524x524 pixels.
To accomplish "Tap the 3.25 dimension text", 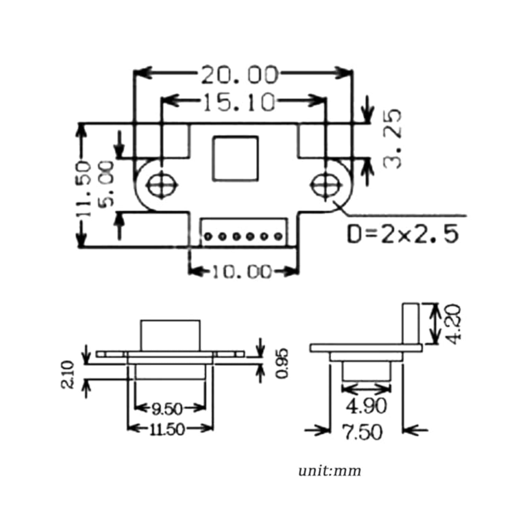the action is pos(392,139).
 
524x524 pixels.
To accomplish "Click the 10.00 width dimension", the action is pos(242,271).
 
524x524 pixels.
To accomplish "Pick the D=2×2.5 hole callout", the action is pos(402,234).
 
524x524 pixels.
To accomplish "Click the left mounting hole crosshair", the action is pos(161,184).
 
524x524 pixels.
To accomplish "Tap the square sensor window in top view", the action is pos(236,159).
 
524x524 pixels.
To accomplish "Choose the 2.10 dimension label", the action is pos(68,374).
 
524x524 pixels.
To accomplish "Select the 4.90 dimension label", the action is pos(366,406).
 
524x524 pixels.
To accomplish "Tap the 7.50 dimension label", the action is pos(362,432).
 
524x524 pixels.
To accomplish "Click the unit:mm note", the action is pos(330,471).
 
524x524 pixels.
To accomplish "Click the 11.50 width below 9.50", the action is pos(167,429).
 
